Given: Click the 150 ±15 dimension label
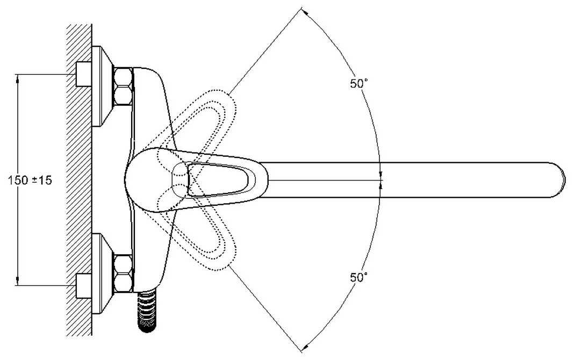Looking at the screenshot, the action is pos(31,180).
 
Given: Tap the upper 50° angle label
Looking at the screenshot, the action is pos(358,83).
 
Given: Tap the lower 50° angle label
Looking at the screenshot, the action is pos(358,277).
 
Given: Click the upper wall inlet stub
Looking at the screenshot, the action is pos(84,74).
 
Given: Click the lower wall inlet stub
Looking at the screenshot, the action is pos(84,285).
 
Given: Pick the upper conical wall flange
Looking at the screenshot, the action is pos(103,86).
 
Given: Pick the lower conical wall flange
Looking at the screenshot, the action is pos(103,273).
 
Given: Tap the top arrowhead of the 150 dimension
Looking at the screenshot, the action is pos(17,78).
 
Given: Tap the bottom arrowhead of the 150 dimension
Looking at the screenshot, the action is pos(17,281).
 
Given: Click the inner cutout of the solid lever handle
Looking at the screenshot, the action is pos(220,180).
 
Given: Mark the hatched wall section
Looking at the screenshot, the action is pos(78,179).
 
